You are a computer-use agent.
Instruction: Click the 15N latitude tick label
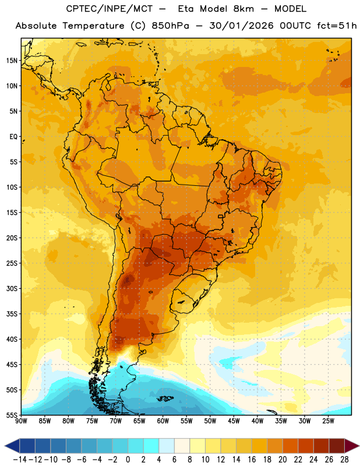(x=12, y=61)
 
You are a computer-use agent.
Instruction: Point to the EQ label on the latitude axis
(x=13, y=137)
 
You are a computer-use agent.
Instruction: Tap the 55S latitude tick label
(x=12, y=415)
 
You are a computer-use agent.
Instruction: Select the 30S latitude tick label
(x=12, y=288)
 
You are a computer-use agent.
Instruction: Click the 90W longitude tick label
(x=22, y=421)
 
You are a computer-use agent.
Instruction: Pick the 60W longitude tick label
(x=163, y=421)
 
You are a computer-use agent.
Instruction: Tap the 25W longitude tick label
(x=328, y=421)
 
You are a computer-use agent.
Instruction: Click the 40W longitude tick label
(x=257, y=421)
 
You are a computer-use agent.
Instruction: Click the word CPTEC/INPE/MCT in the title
(x=110, y=9)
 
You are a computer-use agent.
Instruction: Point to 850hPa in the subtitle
(x=170, y=26)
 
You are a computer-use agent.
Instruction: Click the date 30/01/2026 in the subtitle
(x=241, y=26)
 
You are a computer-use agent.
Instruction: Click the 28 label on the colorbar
(x=344, y=460)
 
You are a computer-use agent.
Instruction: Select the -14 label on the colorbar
(x=20, y=460)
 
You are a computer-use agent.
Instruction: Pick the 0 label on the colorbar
(x=128, y=460)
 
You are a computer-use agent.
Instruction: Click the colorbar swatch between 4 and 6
(x=167, y=446)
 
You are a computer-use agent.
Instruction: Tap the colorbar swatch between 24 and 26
(x=322, y=446)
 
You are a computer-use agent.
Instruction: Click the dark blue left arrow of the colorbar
(x=12, y=446)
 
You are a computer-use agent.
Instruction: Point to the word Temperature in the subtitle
(x=94, y=26)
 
